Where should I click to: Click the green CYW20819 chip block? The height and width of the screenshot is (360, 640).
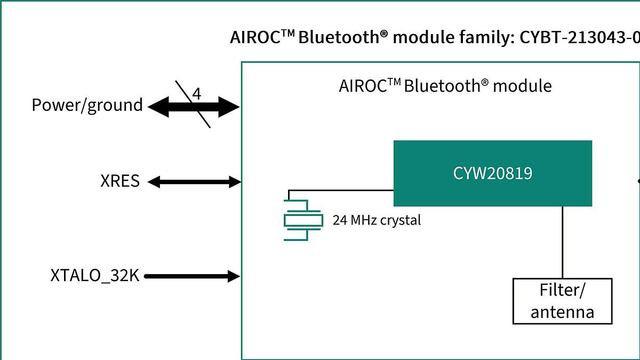[x=492, y=173]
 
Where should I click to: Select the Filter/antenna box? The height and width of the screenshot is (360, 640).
[x=562, y=301]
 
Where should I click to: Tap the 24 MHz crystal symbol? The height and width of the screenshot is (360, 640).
[x=303, y=220]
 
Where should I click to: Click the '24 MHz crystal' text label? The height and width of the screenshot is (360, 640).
[x=377, y=220]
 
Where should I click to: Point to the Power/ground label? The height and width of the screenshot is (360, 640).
[x=87, y=105]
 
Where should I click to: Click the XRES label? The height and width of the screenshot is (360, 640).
[x=120, y=181]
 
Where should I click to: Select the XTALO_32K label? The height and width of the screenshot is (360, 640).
[x=94, y=276]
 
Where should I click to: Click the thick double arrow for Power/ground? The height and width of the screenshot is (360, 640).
[x=194, y=108]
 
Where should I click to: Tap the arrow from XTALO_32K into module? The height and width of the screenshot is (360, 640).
[x=192, y=276]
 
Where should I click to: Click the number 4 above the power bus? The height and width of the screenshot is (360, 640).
[x=197, y=94]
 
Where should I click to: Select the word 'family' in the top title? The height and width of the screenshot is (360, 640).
[x=486, y=38]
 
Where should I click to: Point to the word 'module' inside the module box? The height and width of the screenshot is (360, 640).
[x=522, y=86]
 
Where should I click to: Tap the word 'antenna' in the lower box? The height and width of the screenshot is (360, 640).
[x=562, y=311]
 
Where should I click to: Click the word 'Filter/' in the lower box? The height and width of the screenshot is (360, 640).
[x=562, y=291]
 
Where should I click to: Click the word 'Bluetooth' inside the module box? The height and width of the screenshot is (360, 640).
[x=442, y=86]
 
